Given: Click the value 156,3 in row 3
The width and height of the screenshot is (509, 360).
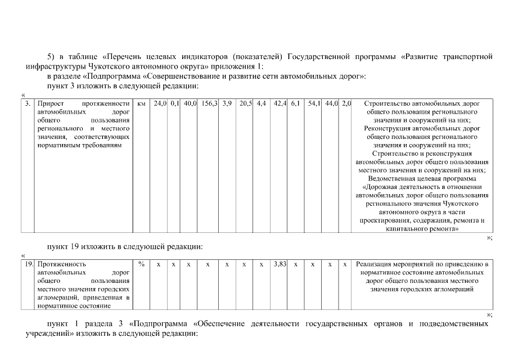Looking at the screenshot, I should point(209,104).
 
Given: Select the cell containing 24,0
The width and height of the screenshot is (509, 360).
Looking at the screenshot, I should point(160,104).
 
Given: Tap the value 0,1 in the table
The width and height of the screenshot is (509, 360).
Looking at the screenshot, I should point(174,104).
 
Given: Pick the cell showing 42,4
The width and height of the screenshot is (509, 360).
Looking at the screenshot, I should point(280,104).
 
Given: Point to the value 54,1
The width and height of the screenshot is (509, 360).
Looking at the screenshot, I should point(314,104).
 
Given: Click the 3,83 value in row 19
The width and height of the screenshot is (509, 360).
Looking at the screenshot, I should point(280,264).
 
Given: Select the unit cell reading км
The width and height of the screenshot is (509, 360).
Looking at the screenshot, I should point(141,104).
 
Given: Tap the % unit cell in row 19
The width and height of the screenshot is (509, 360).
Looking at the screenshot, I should point(141,264).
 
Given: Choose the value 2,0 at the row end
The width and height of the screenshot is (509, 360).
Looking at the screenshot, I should point(346,104).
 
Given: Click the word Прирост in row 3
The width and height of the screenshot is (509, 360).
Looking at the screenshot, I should point(50,104).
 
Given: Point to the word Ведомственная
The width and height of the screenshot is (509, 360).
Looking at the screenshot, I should point(394,179).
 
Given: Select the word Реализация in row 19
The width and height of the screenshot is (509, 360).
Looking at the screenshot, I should point(375,264).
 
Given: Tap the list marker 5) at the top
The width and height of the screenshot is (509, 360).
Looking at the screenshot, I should point(52,56).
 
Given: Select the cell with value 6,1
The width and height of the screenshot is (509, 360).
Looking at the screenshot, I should point(295,104).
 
